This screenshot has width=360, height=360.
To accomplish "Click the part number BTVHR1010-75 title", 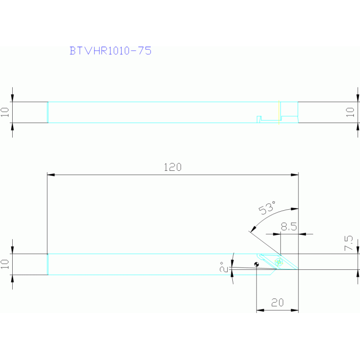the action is pyautogui.click(x=110, y=51).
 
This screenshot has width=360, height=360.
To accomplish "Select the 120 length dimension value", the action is pyautogui.click(x=172, y=167).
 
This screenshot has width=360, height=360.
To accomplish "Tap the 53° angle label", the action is pyautogui.click(x=267, y=207).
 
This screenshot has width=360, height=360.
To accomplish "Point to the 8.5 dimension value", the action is pyautogui.click(x=289, y=227).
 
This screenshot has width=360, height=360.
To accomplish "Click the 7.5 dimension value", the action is pyautogui.click(x=348, y=244).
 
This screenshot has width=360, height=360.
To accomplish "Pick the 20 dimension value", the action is pyautogui.click(x=277, y=303).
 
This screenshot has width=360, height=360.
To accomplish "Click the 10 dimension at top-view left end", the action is pyautogui.click(x=5, y=112).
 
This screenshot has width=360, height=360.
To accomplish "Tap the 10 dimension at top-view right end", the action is pyautogui.click(x=350, y=112).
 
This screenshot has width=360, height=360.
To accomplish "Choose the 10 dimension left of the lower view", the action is pyautogui.click(x=5, y=264).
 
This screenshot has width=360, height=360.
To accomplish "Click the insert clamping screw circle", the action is pyautogui.click(x=279, y=262).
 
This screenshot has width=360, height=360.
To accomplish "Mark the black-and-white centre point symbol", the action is pyautogui.click(x=256, y=264).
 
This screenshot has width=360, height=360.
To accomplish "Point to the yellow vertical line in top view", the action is pyautogui.click(x=279, y=112).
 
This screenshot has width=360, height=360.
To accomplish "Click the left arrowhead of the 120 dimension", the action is pyautogui.click(x=51, y=175).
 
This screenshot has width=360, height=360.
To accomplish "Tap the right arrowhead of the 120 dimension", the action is pyautogui.click(x=295, y=175).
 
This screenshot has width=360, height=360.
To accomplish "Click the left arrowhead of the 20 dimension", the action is pyautogui.click(x=260, y=310).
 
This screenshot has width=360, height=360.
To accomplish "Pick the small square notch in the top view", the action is pyautogui.click(x=259, y=119).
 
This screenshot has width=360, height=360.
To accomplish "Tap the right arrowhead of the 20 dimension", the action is pyautogui.click(x=295, y=310).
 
